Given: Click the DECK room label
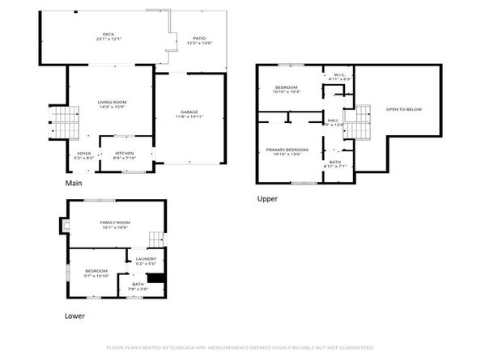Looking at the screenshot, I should (103, 34).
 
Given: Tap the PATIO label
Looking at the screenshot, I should (199, 39).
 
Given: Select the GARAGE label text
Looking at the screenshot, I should (189, 112).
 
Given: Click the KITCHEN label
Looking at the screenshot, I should (124, 153).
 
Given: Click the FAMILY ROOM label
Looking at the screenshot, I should (116, 222).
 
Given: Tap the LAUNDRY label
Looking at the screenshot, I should (146, 260).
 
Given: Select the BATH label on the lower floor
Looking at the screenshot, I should (138, 284).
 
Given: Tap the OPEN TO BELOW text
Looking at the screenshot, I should (403, 108).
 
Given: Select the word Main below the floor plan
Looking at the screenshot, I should (74, 184).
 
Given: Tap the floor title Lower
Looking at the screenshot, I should (74, 316).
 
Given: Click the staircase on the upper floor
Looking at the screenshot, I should (357, 122).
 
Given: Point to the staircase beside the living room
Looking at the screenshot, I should (62, 122).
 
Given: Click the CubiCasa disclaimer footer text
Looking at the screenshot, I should (240, 348).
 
